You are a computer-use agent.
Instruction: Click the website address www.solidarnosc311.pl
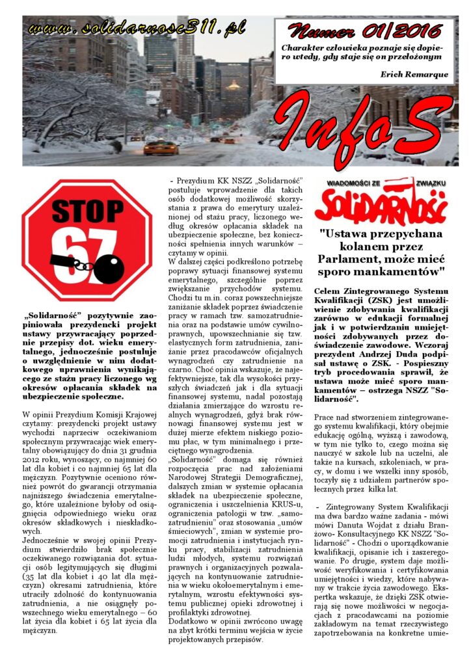(136, 28)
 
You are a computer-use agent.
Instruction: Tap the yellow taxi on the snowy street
(160, 148)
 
